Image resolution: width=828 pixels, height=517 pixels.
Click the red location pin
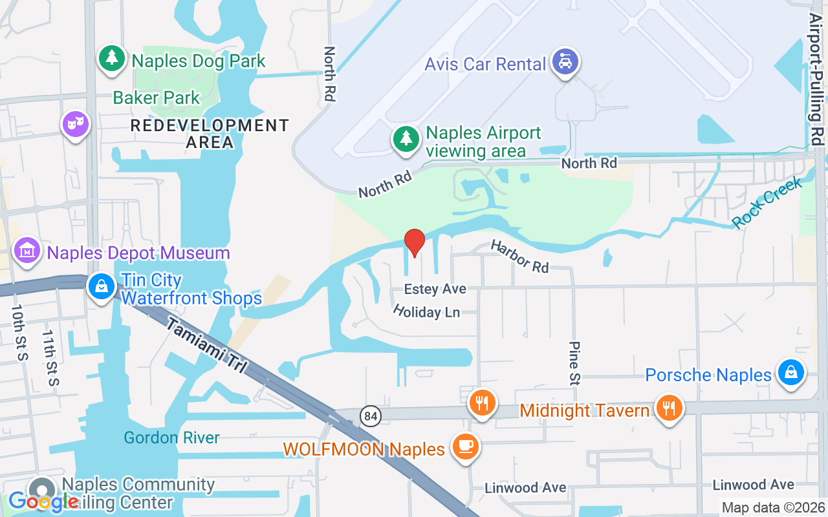(414, 242)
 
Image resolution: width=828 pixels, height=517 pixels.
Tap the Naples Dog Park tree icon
(113, 59)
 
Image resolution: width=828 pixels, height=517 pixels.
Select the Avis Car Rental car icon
(565, 62)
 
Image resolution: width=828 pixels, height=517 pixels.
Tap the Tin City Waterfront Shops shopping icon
(102, 285)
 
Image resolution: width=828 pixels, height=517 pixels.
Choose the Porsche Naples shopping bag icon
(790, 372)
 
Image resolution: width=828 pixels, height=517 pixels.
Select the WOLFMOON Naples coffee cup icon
(464, 446)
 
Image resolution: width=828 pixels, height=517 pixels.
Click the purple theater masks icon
(76, 123)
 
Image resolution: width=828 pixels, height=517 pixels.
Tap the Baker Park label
(157, 98)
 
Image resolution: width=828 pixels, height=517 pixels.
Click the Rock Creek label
(767, 202)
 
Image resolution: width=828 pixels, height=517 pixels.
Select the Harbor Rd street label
(519, 256)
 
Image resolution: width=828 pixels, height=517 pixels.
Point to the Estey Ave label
(435, 289)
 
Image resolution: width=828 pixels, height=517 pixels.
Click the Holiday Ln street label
(426, 311)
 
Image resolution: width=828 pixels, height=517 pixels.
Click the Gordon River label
(171, 438)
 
